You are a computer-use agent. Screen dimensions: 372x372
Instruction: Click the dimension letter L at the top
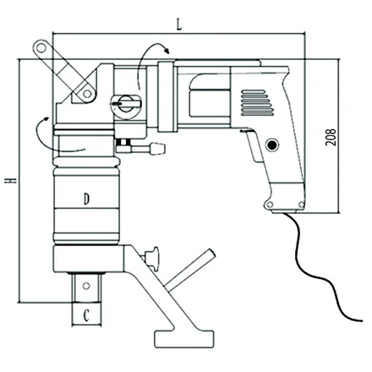tap(179, 25)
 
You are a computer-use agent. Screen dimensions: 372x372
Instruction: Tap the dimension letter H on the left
tap(11, 180)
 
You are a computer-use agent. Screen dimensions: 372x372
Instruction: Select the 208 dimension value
tap(331, 137)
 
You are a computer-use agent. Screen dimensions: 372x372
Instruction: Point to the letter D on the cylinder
tap(86, 199)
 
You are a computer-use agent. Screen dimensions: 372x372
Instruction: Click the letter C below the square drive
tap(86, 315)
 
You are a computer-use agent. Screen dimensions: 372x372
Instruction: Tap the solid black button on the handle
tap(272, 145)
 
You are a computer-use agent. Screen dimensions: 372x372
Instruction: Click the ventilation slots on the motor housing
tap(257, 103)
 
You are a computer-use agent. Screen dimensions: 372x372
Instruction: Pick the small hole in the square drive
tap(86, 286)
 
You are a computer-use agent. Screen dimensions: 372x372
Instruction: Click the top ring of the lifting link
tap(41, 48)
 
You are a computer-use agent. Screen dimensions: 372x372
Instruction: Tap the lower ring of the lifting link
tap(87, 93)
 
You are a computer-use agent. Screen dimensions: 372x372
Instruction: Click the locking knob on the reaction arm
tap(151, 256)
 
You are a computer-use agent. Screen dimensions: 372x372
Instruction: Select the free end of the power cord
tap(361, 320)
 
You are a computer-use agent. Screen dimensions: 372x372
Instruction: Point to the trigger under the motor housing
tap(254, 146)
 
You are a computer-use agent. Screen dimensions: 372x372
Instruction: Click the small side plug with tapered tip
tap(158, 149)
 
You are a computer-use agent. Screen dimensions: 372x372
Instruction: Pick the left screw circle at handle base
tap(270, 204)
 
